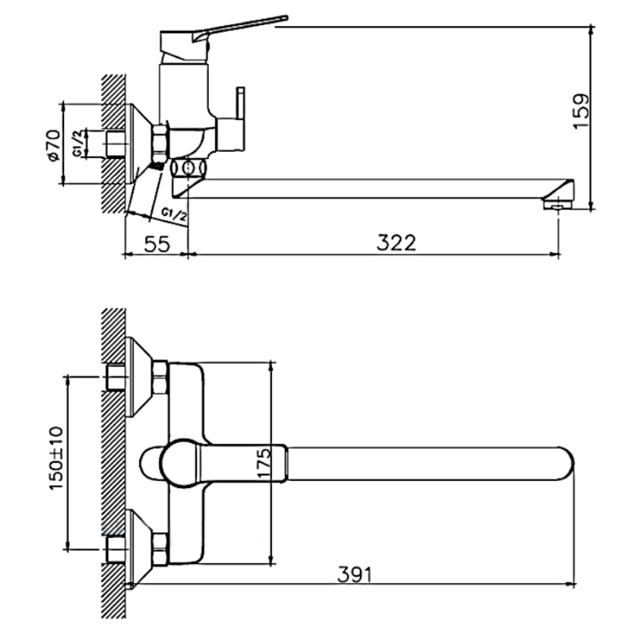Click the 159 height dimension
(582, 111)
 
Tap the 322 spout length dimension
(396, 243)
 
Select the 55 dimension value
(158, 244)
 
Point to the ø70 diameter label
(54, 146)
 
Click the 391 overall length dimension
(354, 575)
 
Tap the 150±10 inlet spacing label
(56, 458)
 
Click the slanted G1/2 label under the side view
(175, 215)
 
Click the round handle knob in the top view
(180, 463)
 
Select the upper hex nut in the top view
(160, 377)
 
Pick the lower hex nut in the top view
(160, 549)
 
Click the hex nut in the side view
(161, 143)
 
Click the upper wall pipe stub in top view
(115, 377)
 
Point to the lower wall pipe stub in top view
(115, 549)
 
